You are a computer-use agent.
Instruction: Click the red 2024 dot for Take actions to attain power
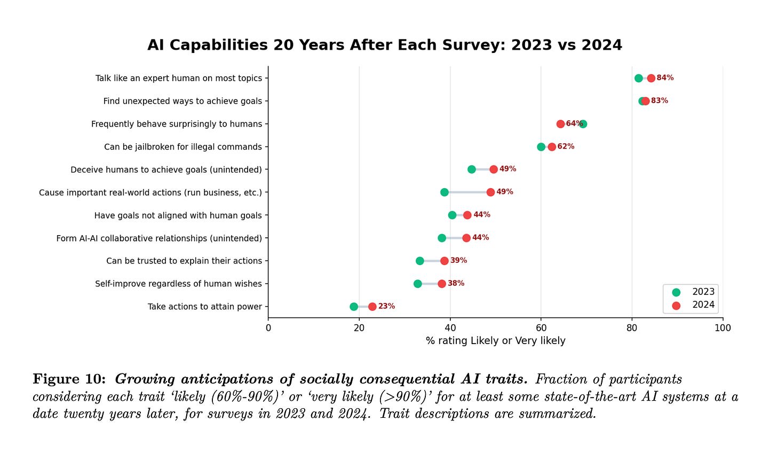point(372,307)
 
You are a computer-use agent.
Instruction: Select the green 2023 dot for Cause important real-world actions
point(445,192)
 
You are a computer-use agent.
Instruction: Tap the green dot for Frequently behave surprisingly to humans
point(583,124)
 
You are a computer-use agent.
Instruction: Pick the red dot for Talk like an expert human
point(651,78)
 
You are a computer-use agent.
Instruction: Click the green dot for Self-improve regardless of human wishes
point(418,284)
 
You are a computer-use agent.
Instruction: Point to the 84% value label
point(665,78)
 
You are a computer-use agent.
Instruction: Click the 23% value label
point(386,306)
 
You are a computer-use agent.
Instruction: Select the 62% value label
point(566,146)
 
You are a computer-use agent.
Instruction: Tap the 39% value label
point(458,260)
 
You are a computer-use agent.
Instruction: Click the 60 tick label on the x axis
point(541,328)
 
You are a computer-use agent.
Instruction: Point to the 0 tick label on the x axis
point(268,328)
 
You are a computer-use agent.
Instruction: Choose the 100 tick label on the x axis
point(723,328)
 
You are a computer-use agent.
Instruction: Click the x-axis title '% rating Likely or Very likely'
point(495,341)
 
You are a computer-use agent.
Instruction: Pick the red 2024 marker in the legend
point(676,306)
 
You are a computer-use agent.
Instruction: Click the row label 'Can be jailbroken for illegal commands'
point(183,147)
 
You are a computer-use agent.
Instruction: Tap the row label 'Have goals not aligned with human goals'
point(178,216)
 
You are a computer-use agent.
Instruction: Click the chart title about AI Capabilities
point(385,45)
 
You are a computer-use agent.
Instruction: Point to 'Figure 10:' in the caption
point(69,379)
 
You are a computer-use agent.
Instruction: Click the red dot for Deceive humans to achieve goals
point(494,169)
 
